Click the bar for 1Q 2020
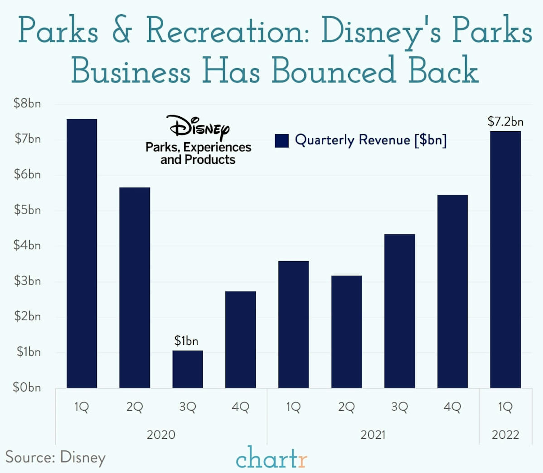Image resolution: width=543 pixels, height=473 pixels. click(x=82, y=253)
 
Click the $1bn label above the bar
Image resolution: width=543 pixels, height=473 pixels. click(x=186, y=341)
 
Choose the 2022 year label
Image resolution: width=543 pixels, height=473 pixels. click(x=505, y=435)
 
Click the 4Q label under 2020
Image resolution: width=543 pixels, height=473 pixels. click(x=240, y=407)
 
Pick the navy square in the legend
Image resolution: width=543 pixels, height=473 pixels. click(x=282, y=140)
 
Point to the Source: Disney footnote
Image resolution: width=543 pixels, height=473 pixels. click(x=55, y=457)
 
